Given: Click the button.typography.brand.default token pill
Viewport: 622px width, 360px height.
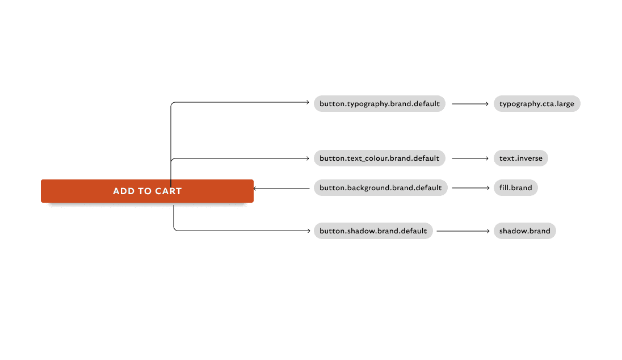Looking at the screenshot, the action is point(380,103).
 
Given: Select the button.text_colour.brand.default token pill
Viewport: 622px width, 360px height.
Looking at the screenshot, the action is point(380,158).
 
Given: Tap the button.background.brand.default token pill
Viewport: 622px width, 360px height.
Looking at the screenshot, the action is point(380,188).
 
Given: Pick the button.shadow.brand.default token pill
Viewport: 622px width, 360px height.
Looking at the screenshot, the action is point(373,231).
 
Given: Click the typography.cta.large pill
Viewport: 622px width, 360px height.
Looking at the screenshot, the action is point(537,103).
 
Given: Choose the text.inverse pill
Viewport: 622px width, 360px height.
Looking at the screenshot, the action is point(521,158).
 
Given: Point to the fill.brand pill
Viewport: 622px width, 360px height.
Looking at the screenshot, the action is point(516,188).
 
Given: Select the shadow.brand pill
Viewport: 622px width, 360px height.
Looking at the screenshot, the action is point(525,231).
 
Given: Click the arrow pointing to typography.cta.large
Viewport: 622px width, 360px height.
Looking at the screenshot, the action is point(470,104).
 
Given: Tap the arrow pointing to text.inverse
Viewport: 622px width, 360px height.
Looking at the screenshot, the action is point(470,158).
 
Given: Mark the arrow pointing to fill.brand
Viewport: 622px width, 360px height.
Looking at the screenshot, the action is point(471,188).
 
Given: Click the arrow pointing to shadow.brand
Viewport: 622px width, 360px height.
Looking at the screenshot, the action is point(463,231).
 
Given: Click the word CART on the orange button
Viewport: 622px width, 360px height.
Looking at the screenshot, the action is point(168,191).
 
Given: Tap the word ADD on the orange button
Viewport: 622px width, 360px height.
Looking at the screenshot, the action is point(124,191).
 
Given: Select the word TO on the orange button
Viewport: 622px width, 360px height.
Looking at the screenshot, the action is point(145,191).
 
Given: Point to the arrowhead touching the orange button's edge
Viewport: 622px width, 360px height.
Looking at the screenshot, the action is point(255,189).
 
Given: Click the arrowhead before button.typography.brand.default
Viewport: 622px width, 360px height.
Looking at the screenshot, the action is point(308,102).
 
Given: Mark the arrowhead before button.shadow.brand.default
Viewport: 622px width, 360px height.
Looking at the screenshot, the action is point(308,231).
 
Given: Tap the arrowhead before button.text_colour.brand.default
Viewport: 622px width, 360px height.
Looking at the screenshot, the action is point(308,158).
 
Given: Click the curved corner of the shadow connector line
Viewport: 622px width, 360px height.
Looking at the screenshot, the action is point(175,229).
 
